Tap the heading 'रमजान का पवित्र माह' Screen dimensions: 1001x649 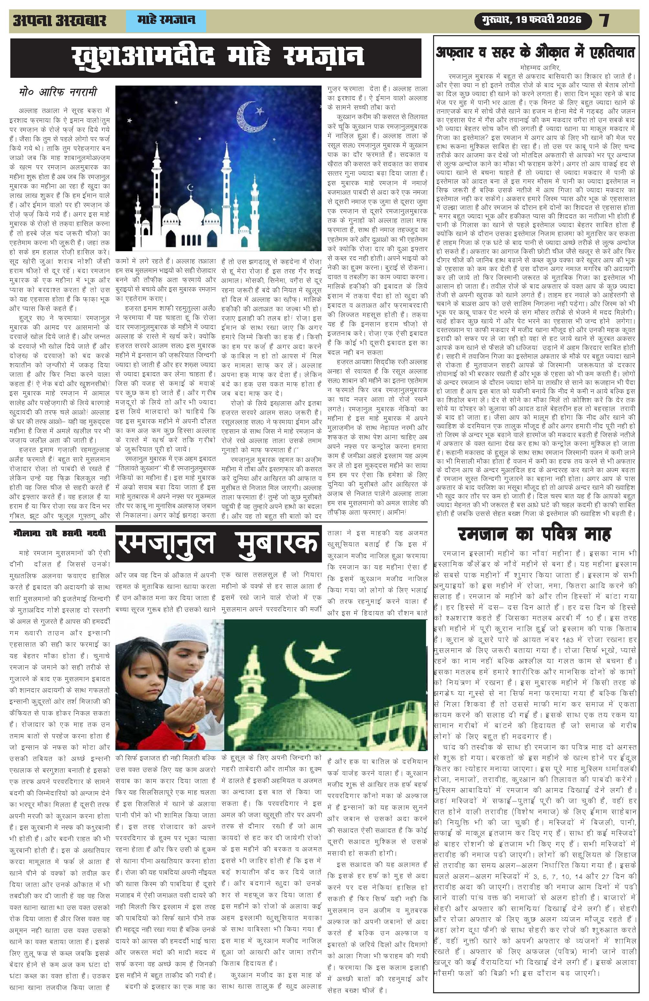click(534, 535)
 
